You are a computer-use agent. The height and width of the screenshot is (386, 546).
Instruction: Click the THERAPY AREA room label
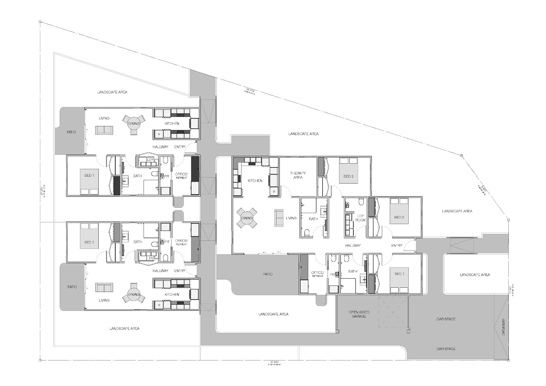(x=298, y=175)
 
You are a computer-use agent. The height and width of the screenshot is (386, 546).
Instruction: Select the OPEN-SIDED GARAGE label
(x=359, y=314)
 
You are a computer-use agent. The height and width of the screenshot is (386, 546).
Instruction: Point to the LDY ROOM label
(x=360, y=218)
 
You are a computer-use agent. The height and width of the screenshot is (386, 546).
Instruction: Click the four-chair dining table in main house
(x=247, y=218)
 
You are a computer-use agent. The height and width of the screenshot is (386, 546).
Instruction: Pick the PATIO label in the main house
(x=268, y=274)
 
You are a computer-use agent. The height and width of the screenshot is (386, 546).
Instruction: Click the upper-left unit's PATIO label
(x=72, y=132)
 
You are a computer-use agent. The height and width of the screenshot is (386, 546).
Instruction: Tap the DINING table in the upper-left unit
(x=134, y=124)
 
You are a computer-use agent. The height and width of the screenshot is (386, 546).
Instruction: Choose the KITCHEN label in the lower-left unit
(x=172, y=294)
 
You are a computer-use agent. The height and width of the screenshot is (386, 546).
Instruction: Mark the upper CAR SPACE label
(x=446, y=319)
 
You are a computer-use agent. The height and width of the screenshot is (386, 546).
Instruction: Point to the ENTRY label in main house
(x=397, y=245)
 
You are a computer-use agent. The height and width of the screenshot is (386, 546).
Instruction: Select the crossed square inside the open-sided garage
(x=393, y=312)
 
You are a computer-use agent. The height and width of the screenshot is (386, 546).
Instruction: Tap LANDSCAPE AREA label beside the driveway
(x=475, y=275)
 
